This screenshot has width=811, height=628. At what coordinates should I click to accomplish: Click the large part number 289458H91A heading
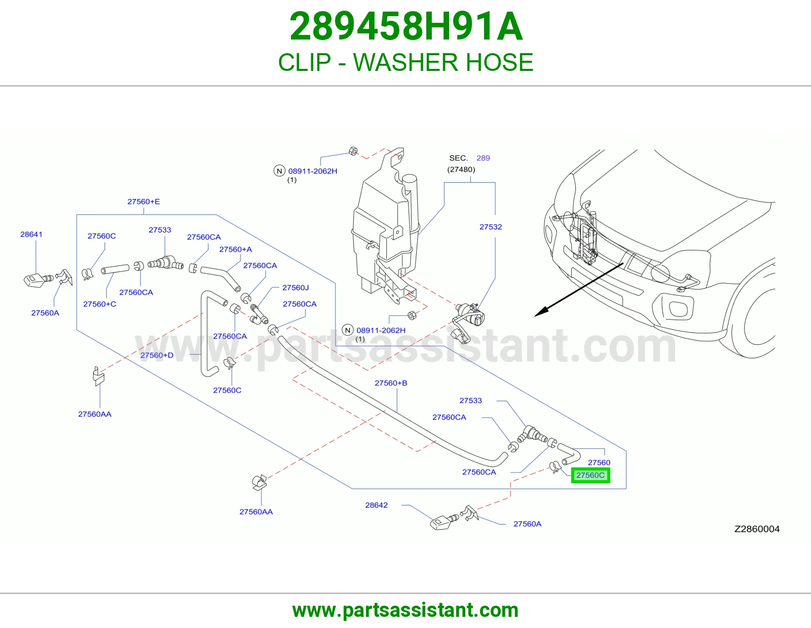click(x=406, y=26)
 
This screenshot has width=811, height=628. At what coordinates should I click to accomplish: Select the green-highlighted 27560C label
click(x=591, y=475)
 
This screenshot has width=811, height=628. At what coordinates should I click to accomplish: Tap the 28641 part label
click(x=31, y=234)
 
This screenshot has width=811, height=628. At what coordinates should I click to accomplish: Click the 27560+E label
click(x=143, y=202)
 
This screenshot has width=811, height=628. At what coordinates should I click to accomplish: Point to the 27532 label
click(x=491, y=227)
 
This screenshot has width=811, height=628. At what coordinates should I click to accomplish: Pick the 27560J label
click(x=296, y=288)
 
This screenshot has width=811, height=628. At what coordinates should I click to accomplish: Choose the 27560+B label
click(x=391, y=383)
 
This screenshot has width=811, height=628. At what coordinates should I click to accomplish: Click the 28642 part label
click(x=376, y=505)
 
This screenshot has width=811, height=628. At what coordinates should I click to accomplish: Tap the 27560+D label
click(x=157, y=355)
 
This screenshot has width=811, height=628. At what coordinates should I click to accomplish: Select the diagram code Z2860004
click(x=757, y=529)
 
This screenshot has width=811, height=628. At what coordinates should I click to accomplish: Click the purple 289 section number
click(x=483, y=158)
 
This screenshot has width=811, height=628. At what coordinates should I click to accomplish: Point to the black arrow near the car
click(x=579, y=290)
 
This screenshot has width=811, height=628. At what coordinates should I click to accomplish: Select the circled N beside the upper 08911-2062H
click(x=279, y=171)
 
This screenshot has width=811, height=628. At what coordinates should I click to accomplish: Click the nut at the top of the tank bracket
click(x=353, y=151)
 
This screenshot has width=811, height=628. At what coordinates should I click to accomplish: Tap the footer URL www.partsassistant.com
click(x=405, y=610)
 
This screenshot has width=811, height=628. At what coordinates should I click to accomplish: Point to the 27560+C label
click(x=100, y=304)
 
